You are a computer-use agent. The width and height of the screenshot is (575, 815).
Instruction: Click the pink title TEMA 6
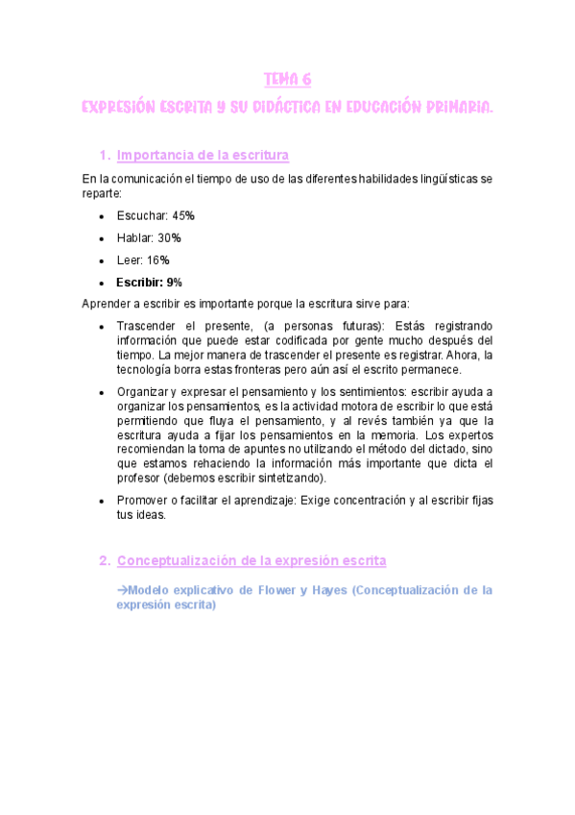pos(287,80)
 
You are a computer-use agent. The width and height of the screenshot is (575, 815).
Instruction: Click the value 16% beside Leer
pos(158,260)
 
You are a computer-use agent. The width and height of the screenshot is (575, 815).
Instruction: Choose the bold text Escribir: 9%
pos(149,283)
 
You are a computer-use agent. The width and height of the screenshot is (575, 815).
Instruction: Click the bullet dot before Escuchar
pos(102,215)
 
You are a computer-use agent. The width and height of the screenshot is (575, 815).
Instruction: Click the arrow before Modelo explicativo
pos(122,589)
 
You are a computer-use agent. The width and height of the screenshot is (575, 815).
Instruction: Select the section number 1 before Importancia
pos(103,156)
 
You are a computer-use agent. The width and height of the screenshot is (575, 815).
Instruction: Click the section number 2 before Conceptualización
pos(103,560)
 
